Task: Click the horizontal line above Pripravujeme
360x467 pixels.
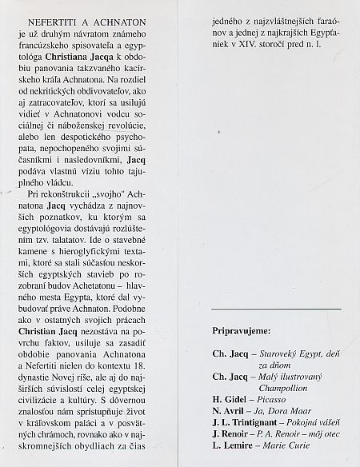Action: [276, 308]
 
